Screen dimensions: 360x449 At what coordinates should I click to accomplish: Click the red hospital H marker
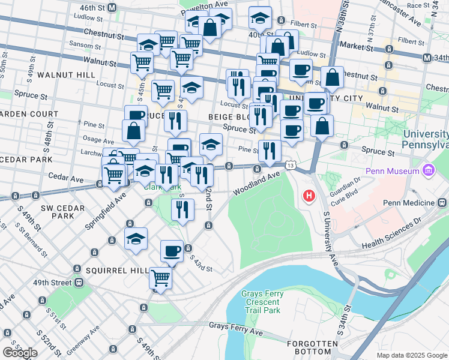point(309,196)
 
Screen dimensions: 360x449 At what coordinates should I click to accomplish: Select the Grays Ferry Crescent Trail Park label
point(261,302)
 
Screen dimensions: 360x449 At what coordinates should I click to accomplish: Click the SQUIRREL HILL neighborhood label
point(117,271)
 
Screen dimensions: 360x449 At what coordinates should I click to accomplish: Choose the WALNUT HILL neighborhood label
point(65,75)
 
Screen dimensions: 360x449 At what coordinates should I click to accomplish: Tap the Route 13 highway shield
point(291,164)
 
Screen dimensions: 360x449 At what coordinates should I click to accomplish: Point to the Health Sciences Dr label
point(391,233)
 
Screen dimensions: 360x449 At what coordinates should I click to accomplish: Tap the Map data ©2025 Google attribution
point(412,355)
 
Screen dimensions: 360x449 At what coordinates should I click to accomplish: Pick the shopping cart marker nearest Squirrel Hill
point(160,278)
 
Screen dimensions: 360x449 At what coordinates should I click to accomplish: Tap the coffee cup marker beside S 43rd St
point(172,251)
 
